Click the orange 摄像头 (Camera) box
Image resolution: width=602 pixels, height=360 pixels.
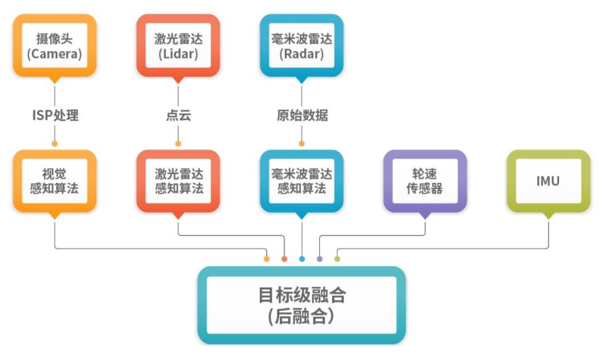tap(55, 46)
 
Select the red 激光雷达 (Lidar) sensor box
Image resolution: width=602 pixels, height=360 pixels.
tap(178, 46)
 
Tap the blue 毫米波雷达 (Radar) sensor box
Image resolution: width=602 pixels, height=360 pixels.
tap(302, 46)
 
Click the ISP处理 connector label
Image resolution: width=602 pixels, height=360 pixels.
tap(55, 115)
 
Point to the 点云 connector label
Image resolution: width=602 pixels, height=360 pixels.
tap(178, 115)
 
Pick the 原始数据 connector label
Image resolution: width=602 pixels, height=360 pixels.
tap(302, 115)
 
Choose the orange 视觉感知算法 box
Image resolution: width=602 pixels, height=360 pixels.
tap(55, 181)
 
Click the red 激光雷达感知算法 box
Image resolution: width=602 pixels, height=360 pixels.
tap(178, 181)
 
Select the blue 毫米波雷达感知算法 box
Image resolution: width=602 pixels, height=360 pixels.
tap(302, 181)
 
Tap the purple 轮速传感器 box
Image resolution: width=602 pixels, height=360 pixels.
tap(425, 181)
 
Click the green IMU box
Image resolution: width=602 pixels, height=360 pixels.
tap(548, 181)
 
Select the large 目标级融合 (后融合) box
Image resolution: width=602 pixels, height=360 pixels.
tap(302, 305)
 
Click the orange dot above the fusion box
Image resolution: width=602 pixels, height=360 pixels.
tap(267, 259)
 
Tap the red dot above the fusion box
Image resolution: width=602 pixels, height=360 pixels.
tap(284, 259)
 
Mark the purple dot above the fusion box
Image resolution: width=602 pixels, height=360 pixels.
tap(319, 259)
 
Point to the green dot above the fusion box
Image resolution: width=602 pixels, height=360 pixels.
tap(337, 259)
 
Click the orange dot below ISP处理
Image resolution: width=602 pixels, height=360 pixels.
tap(55, 144)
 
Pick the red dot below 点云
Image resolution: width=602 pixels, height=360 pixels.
tap(178, 144)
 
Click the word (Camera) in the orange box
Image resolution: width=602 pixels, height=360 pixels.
tap(55, 53)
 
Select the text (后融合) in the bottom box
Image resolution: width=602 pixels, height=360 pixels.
tap(302, 317)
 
